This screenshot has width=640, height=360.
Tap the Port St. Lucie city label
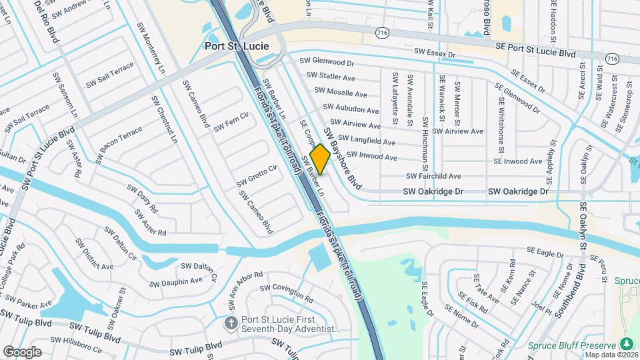(x=237, y=46)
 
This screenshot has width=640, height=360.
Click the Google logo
(x=22, y=351)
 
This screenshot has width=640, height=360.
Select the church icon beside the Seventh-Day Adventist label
(x=231, y=323)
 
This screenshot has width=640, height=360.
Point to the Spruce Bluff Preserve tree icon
(x=626, y=343)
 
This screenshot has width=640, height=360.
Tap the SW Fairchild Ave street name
(x=434, y=176)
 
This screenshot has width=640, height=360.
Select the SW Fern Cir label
(x=231, y=122)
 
